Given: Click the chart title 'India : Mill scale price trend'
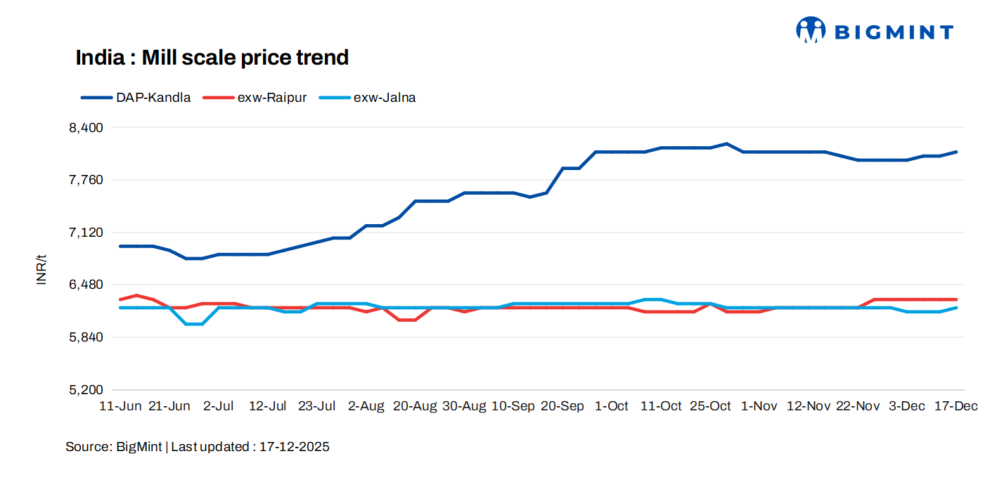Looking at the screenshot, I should click(x=212, y=58).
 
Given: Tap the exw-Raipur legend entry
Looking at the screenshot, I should click(x=255, y=98).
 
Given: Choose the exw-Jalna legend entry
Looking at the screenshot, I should click(x=368, y=98).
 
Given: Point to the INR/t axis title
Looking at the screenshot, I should click(x=41, y=269).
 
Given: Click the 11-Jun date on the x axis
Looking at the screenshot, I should click(x=120, y=407).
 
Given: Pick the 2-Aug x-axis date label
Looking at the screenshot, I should click(x=366, y=407).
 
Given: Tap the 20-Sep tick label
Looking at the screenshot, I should click(x=562, y=407).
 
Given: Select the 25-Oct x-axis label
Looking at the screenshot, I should click(x=710, y=407).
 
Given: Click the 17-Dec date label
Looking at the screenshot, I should click(x=956, y=407).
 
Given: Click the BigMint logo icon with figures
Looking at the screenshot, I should click(x=811, y=30).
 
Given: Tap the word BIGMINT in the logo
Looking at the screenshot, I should click(x=893, y=32).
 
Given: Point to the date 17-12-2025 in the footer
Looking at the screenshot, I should click(x=294, y=447).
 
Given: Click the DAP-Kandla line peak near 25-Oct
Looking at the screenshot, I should click(x=726, y=144).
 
